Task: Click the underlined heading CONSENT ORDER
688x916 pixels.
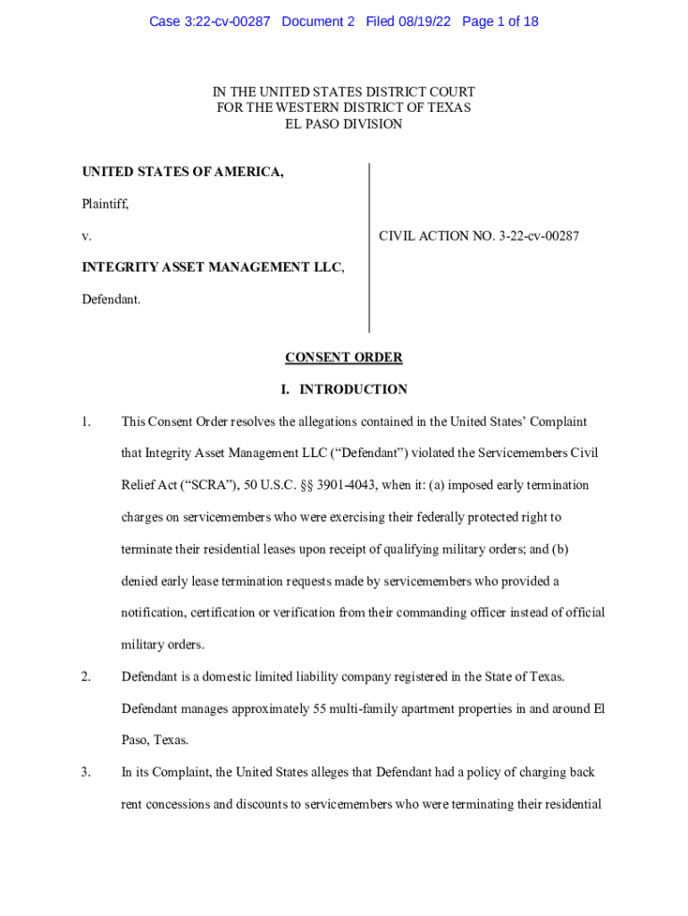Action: coord(343,358)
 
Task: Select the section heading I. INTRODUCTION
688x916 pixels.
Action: coord(343,390)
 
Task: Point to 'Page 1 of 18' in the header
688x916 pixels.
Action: coord(500,21)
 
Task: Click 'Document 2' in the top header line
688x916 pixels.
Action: coord(318,21)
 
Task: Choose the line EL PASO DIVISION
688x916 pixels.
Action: coord(343,124)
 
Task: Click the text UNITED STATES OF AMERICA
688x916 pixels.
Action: coord(183,172)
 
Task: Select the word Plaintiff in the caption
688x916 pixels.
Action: coord(105,204)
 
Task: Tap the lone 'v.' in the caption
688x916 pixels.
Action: coord(87,236)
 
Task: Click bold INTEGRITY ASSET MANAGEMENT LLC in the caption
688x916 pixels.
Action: coord(213,267)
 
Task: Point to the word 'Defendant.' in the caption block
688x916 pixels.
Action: coord(111,300)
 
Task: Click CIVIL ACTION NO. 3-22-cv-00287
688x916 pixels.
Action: coord(479,236)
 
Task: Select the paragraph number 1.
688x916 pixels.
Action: coord(87,421)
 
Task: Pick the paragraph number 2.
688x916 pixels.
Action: coord(87,677)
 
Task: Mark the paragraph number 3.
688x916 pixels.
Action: coord(87,772)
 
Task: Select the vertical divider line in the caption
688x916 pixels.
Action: coord(369,248)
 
